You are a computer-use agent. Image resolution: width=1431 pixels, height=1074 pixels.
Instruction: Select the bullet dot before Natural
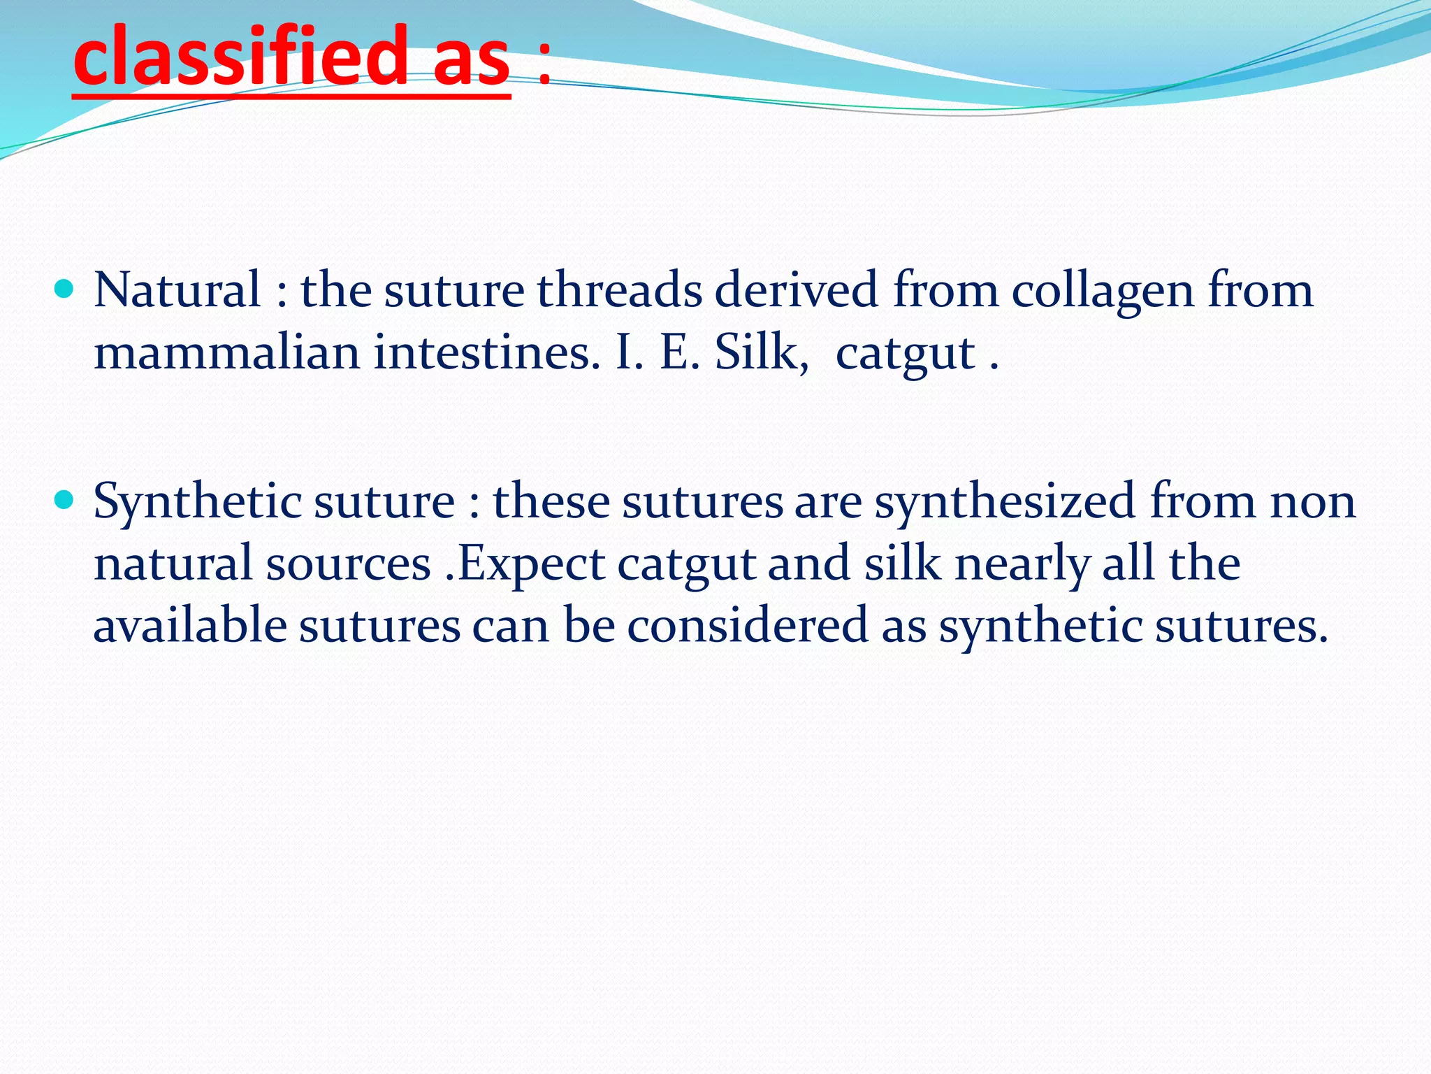click(64, 288)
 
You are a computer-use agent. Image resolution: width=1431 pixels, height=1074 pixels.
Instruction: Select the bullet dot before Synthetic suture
click(64, 500)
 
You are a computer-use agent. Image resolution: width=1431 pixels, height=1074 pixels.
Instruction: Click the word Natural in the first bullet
click(177, 289)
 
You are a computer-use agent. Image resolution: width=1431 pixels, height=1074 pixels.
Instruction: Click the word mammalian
click(226, 352)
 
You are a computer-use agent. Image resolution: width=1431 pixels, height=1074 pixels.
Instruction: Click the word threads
click(619, 289)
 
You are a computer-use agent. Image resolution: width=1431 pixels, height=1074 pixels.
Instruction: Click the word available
click(189, 625)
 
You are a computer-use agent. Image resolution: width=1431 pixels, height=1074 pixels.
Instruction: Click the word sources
click(348, 565)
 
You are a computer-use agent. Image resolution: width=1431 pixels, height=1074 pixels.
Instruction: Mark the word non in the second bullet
click(1313, 502)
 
